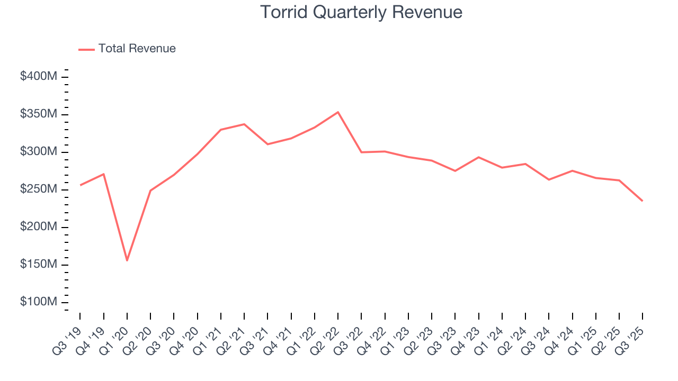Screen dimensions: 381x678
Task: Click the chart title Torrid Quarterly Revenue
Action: click(x=361, y=12)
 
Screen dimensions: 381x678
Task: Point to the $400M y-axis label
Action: click(x=38, y=77)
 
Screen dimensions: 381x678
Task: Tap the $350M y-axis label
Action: click(x=38, y=114)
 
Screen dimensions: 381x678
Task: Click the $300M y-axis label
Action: click(x=38, y=152)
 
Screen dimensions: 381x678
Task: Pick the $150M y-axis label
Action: click(x=38, y=265)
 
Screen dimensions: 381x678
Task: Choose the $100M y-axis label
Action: click(x=38, y=302)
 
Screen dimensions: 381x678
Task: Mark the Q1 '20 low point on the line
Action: click(x=127, y=260)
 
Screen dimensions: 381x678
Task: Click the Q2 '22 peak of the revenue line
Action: click(x=338, y=112)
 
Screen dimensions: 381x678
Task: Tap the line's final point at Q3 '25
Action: click(x=643, y=201)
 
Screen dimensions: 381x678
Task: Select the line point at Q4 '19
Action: click(x=104, y=174)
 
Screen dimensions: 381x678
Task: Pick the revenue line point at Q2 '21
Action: click(x=244, y=124)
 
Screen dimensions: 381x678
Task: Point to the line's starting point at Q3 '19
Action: click(x=81, y=185)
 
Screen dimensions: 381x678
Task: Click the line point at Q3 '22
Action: click(x=361, y=152)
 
